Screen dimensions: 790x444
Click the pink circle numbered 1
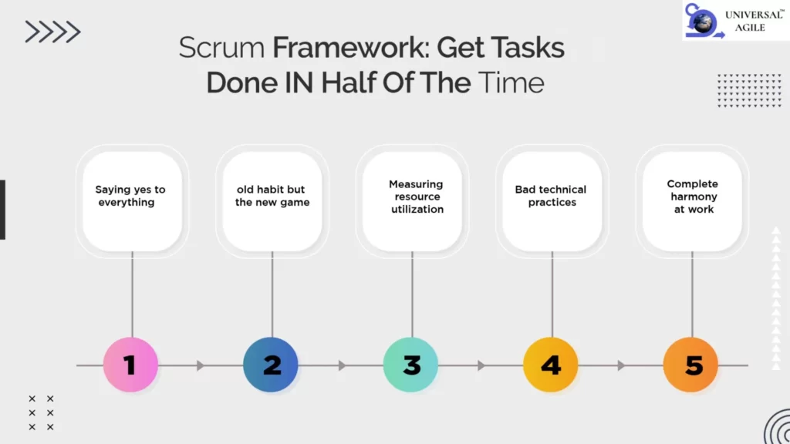[130, 365]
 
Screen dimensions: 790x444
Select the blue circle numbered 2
[271, 365]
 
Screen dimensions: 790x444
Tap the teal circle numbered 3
[410, 365]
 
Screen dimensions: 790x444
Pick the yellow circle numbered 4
[551, 365]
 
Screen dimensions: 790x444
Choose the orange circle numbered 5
[690, 365]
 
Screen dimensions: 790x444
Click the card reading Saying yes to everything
[133, 201]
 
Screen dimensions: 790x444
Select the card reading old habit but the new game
[272, 201]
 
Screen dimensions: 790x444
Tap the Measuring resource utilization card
[413, 201]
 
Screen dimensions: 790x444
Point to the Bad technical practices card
[552, 201]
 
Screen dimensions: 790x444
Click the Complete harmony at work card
[692, 201]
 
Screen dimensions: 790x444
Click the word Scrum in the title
[221, 48]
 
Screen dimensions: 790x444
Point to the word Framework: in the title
[351, 48]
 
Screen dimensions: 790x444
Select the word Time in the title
[511, 83]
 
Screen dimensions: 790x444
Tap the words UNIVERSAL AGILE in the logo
[754, 21]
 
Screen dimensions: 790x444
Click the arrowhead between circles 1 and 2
[201, 365]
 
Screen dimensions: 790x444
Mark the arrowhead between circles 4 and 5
[621, 365]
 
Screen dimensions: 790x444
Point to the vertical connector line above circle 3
[412, 294]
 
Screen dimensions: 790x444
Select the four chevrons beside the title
[53, 32]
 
